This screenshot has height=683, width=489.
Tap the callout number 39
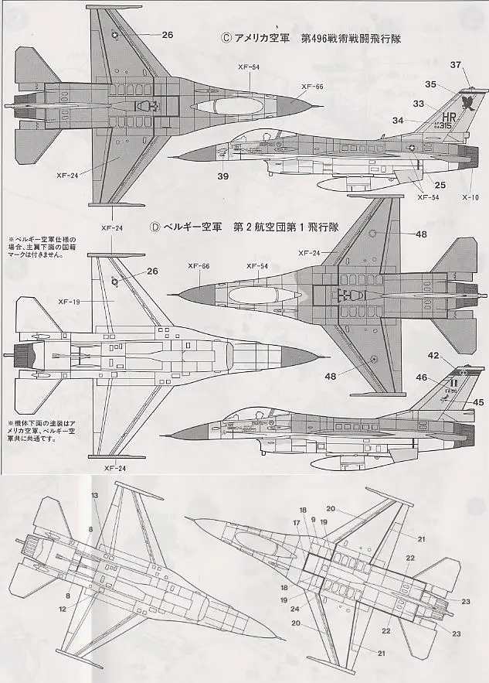click(222, 176)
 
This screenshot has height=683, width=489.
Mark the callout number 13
click(95, 494)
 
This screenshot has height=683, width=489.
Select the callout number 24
click(296, 608)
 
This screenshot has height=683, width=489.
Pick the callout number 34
click(419, 120)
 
